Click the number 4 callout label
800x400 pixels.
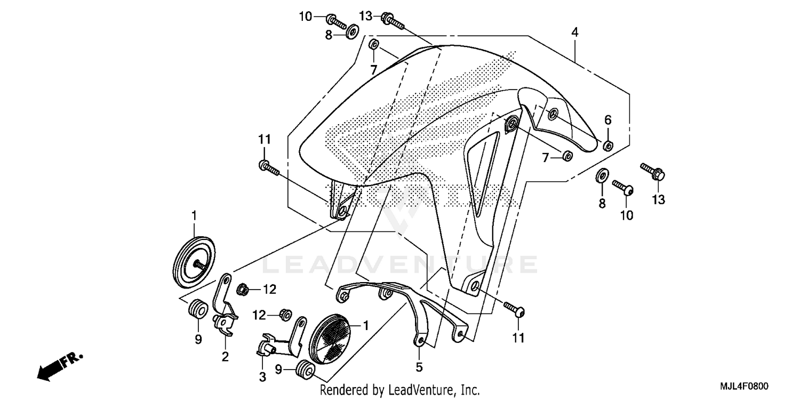click(x=574, y=32)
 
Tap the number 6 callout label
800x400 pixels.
click(x=608, y=119)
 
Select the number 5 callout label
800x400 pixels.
click(x=419, y=367)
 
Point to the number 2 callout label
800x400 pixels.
click(x=225, y=356)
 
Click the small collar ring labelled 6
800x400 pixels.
click(x=607, y=145)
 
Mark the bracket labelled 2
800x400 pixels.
click(x=224, y=309)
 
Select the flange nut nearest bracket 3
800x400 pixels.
click(x=286, y=316)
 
